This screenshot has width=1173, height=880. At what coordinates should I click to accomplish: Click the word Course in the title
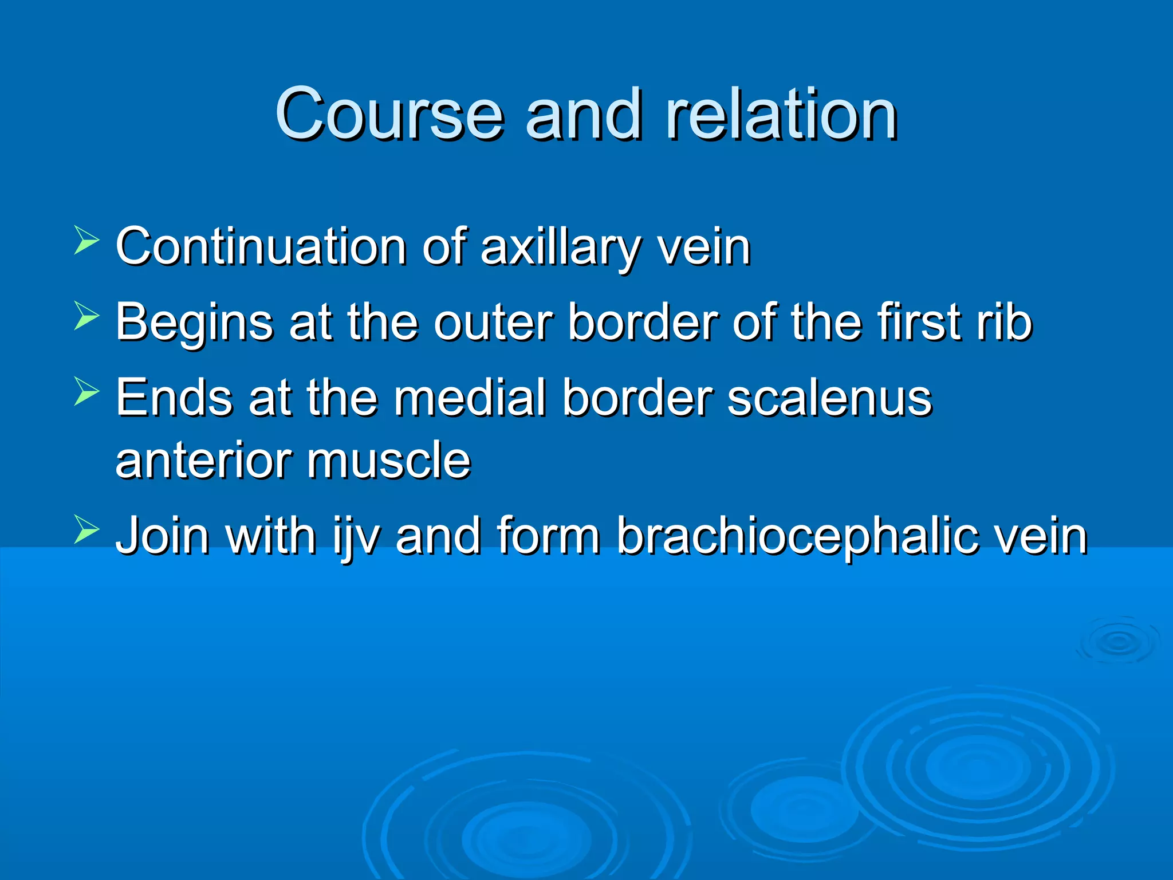pyautogui.click(x=389, y=115)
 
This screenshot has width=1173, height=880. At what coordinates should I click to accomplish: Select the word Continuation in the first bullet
pyautogui.click(x=261, y=247)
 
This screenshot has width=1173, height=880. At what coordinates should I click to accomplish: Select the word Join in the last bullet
pyautogui.click(x=163, y=535)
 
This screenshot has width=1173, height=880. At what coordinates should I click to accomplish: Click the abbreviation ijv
pyautogui.click(x=356, y=536)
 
